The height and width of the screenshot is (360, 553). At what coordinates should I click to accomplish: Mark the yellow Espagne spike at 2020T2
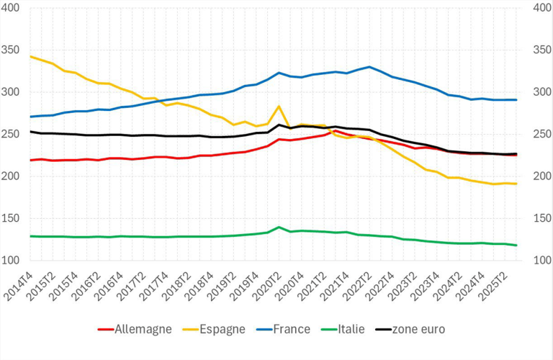(x=279, y=107)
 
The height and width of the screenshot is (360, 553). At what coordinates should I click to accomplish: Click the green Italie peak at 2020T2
(x=279, y=227)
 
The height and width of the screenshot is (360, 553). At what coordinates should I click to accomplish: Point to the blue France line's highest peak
(x=369, y=67)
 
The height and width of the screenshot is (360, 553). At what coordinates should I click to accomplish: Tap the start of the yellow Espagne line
(x=30, y=56)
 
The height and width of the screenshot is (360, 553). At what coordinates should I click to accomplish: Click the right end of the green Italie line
(x=516, y=246)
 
